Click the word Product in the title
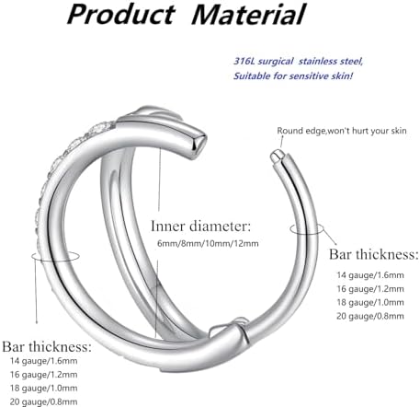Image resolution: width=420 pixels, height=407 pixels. [x=121, y=14]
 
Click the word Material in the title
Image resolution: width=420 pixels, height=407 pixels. [x=248, y=14]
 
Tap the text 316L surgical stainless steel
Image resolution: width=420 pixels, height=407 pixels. [x=298, y=62]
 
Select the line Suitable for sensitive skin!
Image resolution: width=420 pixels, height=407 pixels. [x=293, y=76]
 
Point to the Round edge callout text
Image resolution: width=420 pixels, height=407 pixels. [x=342, y=131]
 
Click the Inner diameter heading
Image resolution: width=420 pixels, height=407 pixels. [x=200, y=227]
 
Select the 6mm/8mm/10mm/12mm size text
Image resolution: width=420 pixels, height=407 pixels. [x=208, y=244]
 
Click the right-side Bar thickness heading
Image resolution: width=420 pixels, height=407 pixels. [x=373, y=254]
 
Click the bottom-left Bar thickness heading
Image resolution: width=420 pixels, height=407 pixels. [x=47, y=346]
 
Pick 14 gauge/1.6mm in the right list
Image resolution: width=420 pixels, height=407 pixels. [x=370, y=275]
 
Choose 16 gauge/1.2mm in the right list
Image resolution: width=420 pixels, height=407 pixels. [x=370, y=289]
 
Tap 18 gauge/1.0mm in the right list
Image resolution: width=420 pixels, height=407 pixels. [x=370, y=302]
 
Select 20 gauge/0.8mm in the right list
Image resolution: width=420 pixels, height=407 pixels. [x=370, y=316]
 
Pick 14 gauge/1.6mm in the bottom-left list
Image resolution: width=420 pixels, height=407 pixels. [x=43, y=361]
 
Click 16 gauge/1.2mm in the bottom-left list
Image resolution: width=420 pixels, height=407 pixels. [x=43, y=375]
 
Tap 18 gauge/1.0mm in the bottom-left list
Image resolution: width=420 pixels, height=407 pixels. [x=43, y=388]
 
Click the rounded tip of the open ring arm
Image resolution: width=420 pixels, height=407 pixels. [x=276, y=156]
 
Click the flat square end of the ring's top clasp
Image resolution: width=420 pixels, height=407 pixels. [x=199, y=144]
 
